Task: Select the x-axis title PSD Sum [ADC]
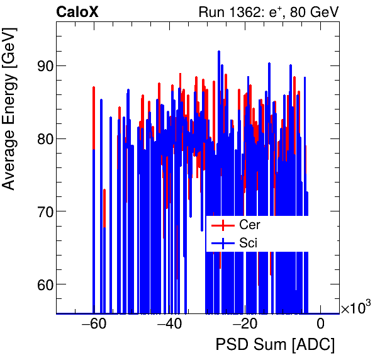click(275, 345)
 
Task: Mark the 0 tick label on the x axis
click(320, 324)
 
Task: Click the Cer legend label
click(249, 225)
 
